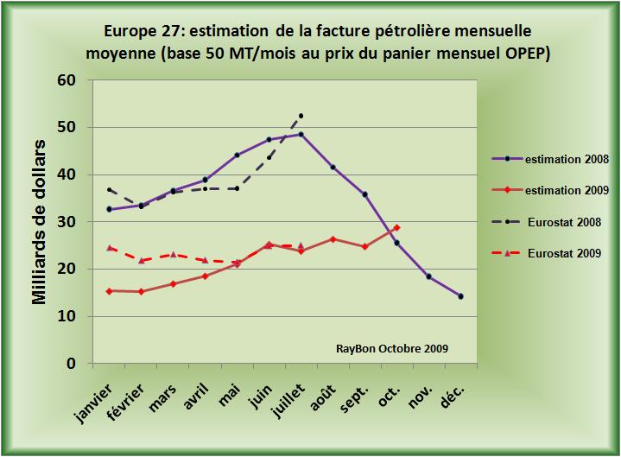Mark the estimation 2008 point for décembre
pyautogui.click(x=460, y=296)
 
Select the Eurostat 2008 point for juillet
pyautogui.click(x=301, y=115)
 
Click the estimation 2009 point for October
pyautogui.click(x=396, y=227)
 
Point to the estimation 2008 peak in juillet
pyautogui.click(x=301, y=134)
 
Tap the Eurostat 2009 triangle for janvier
pyautogui.click(x=110, y=248)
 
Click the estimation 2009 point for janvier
pyautogui.click(x=110, y=291)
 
